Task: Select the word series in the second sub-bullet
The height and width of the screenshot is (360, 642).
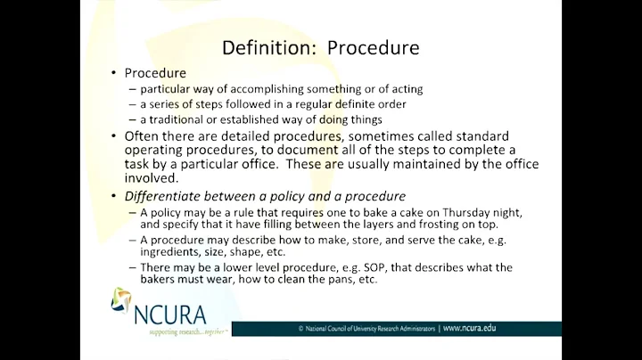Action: click(165, 103)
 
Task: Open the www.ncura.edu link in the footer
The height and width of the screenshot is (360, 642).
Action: click(470, 328)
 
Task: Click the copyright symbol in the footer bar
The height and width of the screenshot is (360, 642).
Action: click(300, 329)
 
